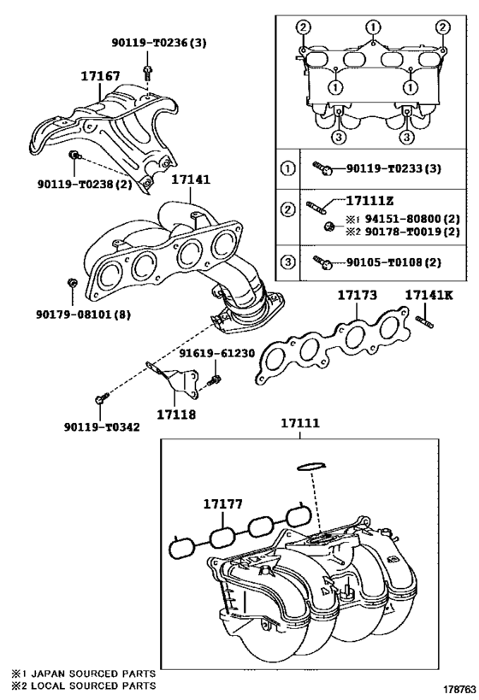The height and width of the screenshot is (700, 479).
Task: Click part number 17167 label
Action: (x=99, y=77)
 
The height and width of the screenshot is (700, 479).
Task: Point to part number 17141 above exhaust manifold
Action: (x=190, y=180)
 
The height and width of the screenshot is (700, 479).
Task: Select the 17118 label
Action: (x=176, y=415)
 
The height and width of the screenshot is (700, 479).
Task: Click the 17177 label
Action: (x=223, y=505)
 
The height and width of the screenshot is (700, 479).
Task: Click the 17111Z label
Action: (x=370, y=201)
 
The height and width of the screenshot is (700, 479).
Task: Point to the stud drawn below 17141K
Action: (x=426, y=321)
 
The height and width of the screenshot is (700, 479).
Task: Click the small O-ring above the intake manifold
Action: (x=310, y=466)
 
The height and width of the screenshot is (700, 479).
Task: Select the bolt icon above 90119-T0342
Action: (x=101, y=399)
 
